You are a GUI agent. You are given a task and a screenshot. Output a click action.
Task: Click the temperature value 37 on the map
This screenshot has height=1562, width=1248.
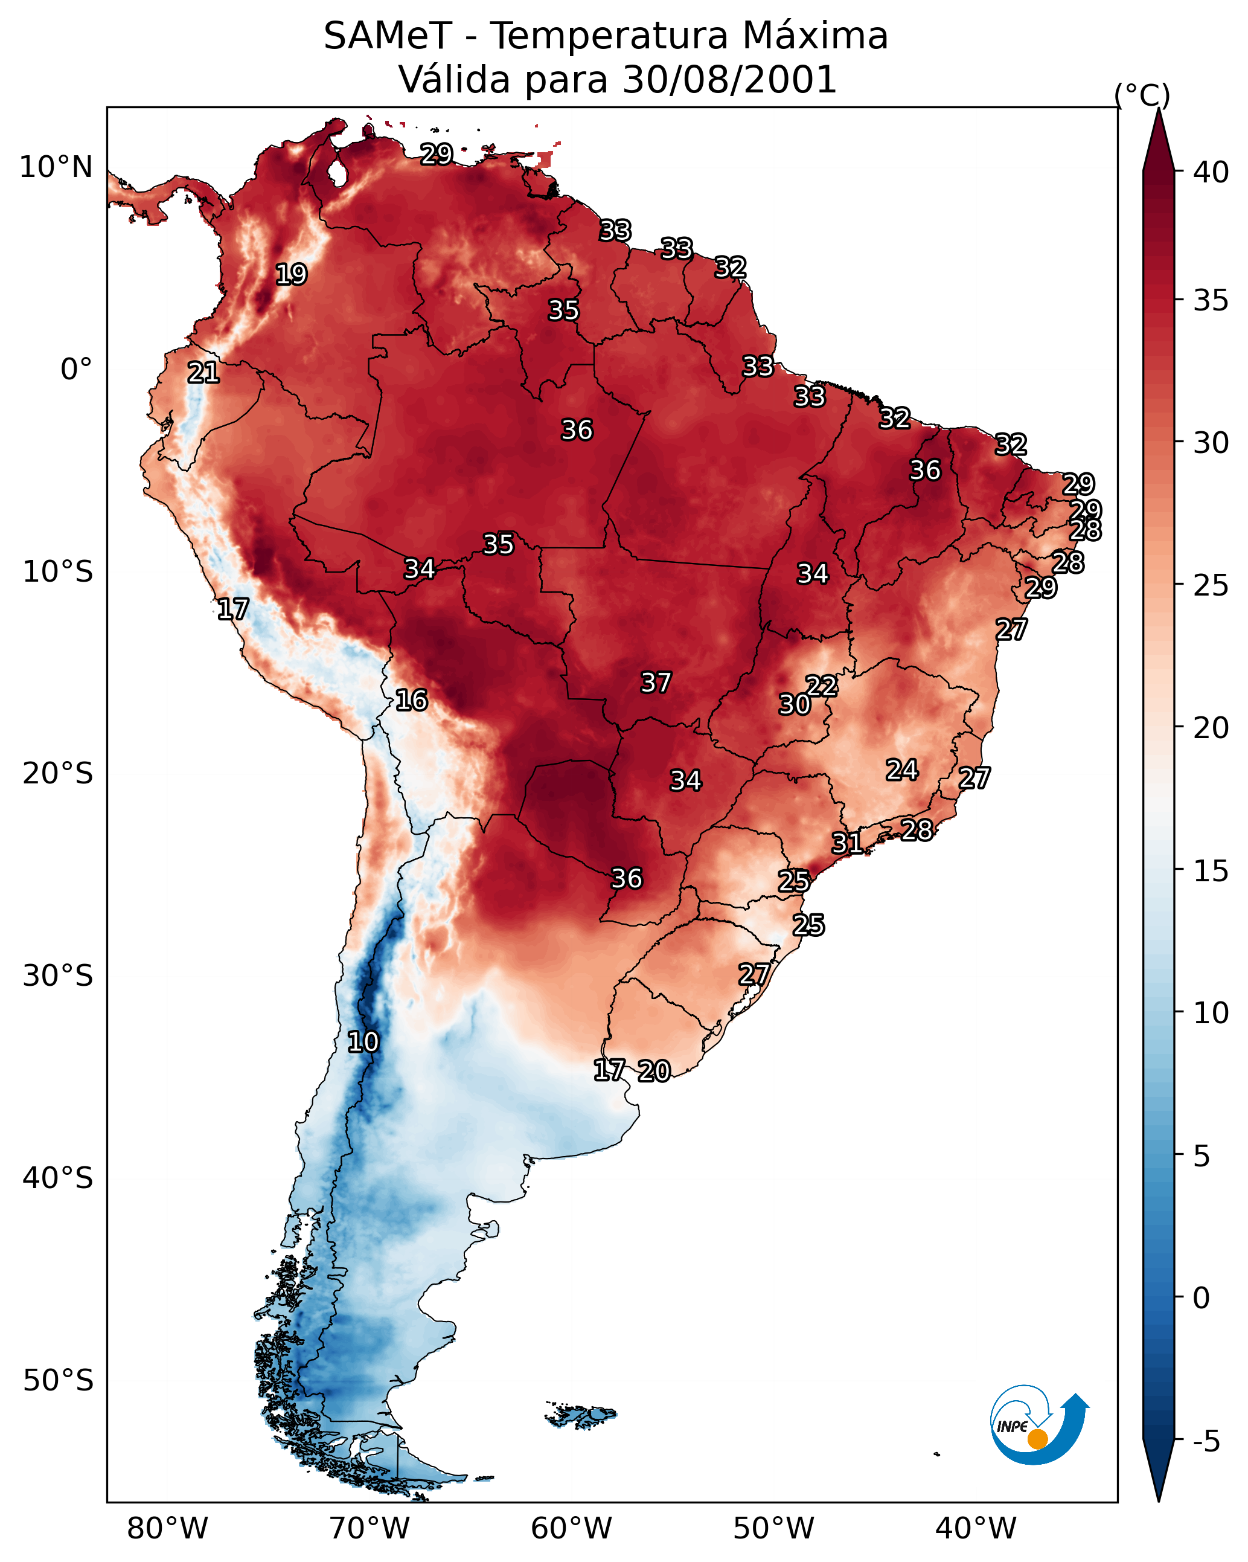coord(656,683)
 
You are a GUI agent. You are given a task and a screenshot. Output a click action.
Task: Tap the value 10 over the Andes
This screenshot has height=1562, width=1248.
coord(363,1042)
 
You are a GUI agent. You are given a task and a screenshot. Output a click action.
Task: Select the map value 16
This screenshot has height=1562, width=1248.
coord(411,700)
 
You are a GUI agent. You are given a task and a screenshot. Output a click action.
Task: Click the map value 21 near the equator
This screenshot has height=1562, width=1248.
coord(203,373)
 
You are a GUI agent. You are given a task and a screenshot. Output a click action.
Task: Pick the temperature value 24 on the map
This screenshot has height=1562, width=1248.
coord(902,770)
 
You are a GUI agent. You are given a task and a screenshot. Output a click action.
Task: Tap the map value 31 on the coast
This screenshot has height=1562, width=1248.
coord(846,843)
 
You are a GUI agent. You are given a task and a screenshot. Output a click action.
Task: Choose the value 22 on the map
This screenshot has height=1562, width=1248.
coord(821,686)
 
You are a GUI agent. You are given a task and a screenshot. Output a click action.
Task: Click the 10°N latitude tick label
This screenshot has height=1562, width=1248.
coord(56,167)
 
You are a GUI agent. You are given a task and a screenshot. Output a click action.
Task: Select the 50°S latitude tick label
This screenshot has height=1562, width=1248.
coord(58,1380)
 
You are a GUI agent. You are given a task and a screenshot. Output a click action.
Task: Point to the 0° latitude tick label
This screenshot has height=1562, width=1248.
coord(76,370)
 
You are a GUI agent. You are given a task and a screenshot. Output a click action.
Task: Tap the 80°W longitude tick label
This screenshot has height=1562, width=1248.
coord(167,1528)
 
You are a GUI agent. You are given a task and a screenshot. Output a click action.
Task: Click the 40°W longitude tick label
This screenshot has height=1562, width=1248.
coord(976,1528)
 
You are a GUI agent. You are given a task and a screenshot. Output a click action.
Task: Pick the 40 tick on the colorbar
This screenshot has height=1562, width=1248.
coord(1211,172)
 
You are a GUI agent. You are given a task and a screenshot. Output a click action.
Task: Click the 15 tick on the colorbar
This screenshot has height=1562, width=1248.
coord(1211,870)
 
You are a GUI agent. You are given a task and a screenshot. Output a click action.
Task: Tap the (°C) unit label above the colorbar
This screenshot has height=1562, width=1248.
coord(1142,95)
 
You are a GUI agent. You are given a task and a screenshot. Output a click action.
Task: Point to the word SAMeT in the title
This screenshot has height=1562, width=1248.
coord(388,36)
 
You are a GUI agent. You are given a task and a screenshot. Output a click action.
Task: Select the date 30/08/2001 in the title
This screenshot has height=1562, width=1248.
coord(729,80)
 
